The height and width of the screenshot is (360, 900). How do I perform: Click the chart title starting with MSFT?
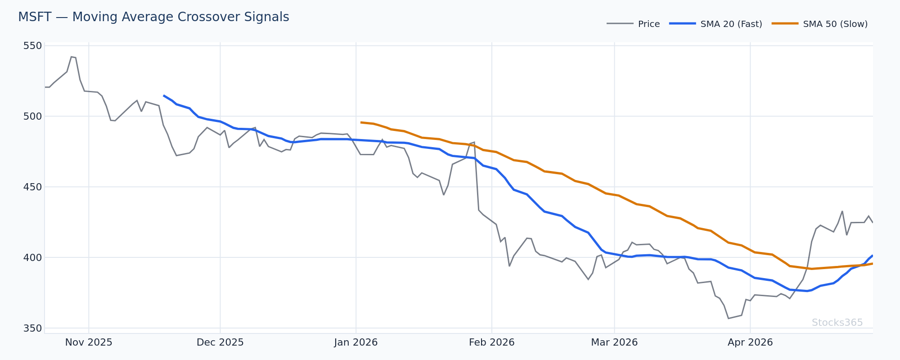[x=153, y=17]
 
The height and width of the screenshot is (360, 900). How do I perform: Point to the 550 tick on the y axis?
[x=32, y=46]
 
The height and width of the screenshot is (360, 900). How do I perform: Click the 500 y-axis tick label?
[x=32, y=116]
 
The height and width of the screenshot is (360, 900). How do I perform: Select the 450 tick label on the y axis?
[x=32, y=187]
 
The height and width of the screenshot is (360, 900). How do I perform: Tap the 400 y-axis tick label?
[x=32, y=257]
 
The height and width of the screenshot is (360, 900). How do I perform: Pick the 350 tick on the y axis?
[x=32, y=328]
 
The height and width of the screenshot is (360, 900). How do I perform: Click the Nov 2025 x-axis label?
[x=89, y=342]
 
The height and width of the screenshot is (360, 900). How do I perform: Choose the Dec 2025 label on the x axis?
[x=220, y=342]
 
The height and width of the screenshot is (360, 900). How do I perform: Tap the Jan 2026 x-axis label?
[x=356, y=342]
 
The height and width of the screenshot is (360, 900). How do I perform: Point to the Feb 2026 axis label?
[x=491, y=342]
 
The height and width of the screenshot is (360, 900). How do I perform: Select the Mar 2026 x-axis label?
[x=614, y=342]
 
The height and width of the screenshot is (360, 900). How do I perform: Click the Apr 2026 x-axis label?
[x=750, y=342]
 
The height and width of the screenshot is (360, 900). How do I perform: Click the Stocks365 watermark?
[x=837, y=323]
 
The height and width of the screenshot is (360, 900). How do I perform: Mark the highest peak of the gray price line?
[x=71, y=57]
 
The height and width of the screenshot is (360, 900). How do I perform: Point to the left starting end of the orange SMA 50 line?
[x=361, y=122]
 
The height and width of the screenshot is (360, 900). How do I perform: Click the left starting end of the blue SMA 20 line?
[x=164, y=95]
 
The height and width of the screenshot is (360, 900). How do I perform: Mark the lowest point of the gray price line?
[x=728, y=319]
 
